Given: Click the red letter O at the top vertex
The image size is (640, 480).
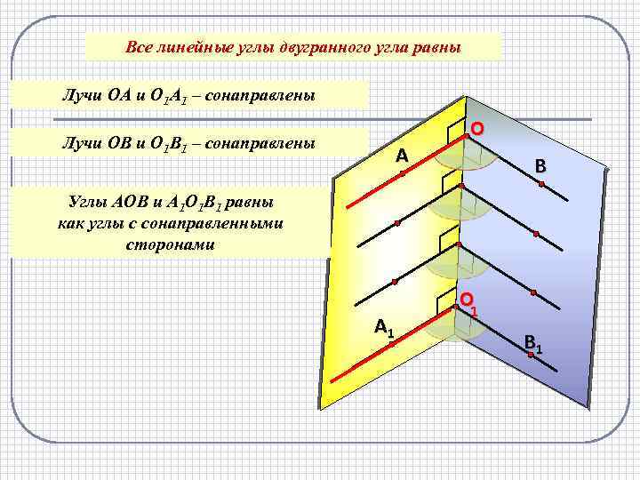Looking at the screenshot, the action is [x=477, y=129].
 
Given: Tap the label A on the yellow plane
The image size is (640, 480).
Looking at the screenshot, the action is [x=402, y=156].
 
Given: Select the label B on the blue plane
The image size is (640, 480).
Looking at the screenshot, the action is [x=540, y=165].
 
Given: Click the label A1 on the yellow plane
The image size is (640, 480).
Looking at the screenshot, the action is [x=385, y=328].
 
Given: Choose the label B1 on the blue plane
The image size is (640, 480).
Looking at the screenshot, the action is [x=534, y=342].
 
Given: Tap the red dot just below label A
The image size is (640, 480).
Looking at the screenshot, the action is [x=402, y=174].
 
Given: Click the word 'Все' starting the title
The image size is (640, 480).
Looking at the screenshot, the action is [x=139, y=47].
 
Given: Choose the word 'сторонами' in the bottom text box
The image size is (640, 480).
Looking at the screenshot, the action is [x=171, y=243].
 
